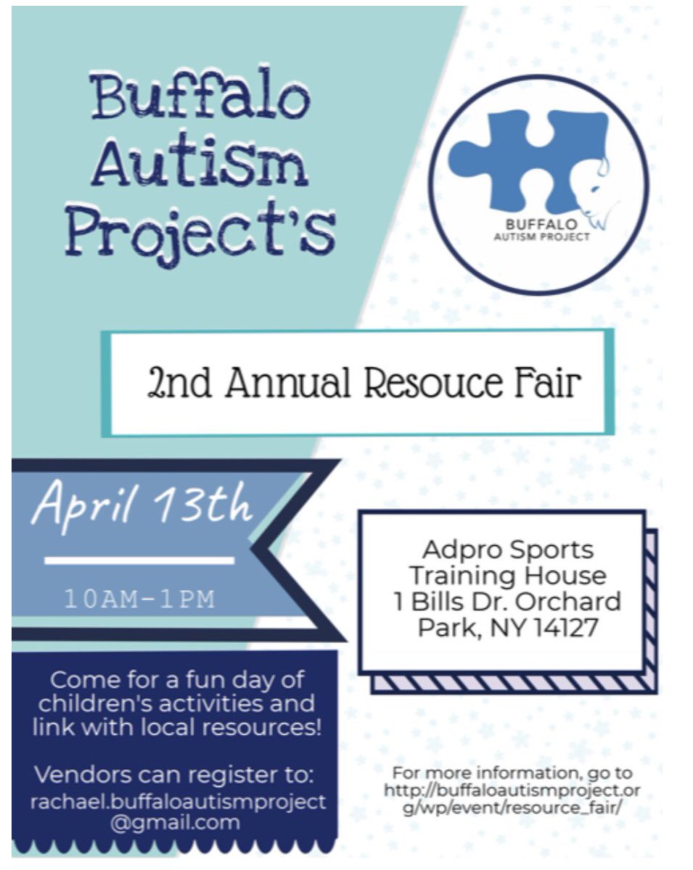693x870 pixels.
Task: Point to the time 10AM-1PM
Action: coord(139,599)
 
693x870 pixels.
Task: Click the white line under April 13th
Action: coord(139,560)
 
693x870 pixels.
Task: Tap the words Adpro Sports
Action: coord(507,550)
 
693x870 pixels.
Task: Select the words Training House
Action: coord(507,576)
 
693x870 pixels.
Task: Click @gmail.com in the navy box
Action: coord(175,822)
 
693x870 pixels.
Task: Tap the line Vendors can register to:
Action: coord(175,774)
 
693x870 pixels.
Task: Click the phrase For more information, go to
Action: coord(512,773)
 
